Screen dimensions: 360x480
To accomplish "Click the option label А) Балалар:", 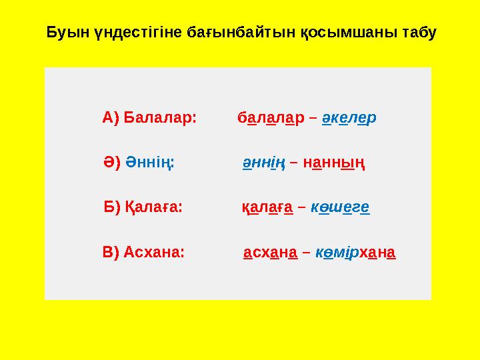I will pos(149,118).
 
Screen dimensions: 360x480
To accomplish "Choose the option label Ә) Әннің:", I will pos(139,163).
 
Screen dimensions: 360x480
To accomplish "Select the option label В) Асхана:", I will pos(144,253).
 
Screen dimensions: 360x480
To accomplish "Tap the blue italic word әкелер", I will pos(349,118).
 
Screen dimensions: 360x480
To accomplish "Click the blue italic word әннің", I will pos(263,163).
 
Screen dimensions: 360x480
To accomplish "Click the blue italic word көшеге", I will pos(341,207).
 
